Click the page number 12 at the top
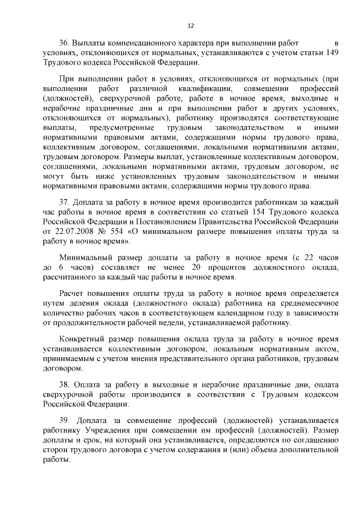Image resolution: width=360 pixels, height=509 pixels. (190, 25)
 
